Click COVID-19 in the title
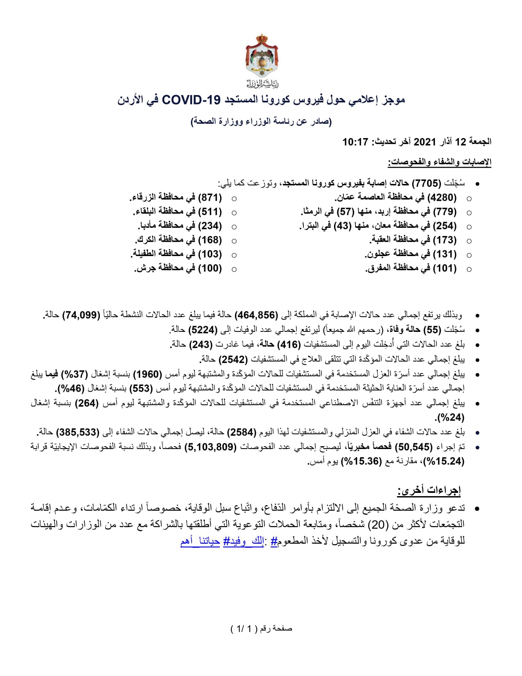[192, 100]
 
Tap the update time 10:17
[355, 142]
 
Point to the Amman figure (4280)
[442, 197]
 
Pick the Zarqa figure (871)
[210, 197]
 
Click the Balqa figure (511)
[210, 212]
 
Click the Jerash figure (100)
[210, 268]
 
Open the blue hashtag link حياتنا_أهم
[200, 541]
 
